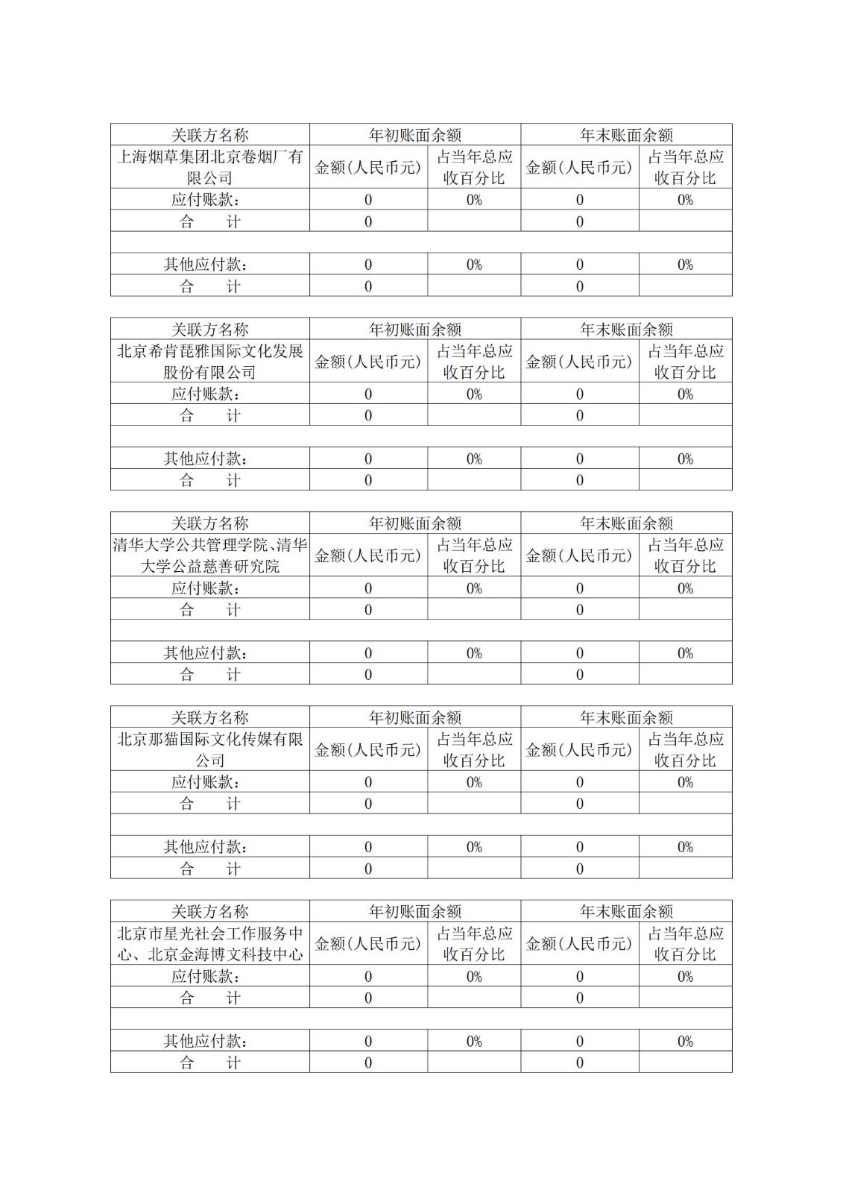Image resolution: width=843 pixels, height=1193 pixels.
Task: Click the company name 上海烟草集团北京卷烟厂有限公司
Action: [x=209, y=167]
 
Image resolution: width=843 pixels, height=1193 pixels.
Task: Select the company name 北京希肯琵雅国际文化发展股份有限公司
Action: [x=209, y=362]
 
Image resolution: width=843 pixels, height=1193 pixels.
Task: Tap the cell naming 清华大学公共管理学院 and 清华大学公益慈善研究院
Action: [x=209, y=555]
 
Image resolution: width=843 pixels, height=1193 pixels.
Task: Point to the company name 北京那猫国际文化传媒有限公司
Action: [x=209, y=749]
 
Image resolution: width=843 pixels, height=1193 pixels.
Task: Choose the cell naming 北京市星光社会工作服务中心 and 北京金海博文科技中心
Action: [x=209, y=944]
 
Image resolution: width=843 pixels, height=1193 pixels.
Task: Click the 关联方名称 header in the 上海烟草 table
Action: [x=209, y=135]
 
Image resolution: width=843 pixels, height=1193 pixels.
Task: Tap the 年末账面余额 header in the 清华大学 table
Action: [x=626, y=523]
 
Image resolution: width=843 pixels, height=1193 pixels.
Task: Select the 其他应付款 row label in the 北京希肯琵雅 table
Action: [x=205, y=459]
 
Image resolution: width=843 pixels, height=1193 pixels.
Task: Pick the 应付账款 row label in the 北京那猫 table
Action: [x=205, y=782]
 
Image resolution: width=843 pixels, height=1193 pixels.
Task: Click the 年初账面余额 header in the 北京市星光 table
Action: [x=415, y=911]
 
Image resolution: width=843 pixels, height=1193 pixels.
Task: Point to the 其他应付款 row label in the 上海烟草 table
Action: [x=205, y=265]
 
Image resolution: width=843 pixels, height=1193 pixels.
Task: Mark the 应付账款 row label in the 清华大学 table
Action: [x=205, y=588]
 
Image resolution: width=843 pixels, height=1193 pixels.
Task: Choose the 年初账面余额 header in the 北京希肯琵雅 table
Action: [x=415, y=330]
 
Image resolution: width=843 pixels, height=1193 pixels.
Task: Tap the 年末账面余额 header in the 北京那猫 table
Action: [x=626, y=717]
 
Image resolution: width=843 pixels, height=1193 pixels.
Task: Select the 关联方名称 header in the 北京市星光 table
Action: [x=209, y=911]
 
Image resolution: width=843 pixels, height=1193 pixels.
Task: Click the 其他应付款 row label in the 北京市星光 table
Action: [x=205, y=1041]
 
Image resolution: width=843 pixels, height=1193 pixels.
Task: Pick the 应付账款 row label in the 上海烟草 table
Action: [x=205, y=200]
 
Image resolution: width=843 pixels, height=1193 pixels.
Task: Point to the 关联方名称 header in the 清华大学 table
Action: [x=209, y=523]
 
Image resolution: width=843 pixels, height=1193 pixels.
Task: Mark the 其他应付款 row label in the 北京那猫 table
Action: [x=205, y=847]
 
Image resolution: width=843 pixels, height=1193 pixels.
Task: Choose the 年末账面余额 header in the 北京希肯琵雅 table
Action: [x=626, y=330]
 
